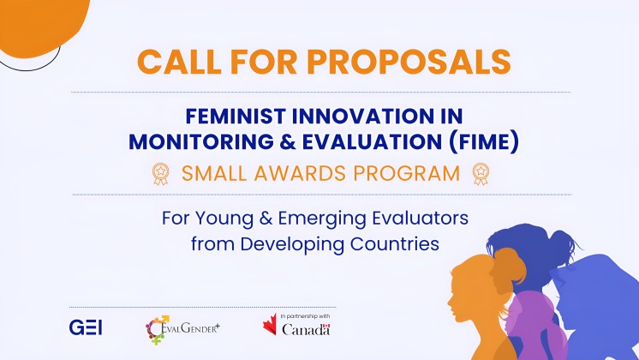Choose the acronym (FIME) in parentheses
coord(482,142)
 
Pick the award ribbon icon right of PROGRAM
coord(479,174)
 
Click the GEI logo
coord(86,327)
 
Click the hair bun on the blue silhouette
coord(558,237)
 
